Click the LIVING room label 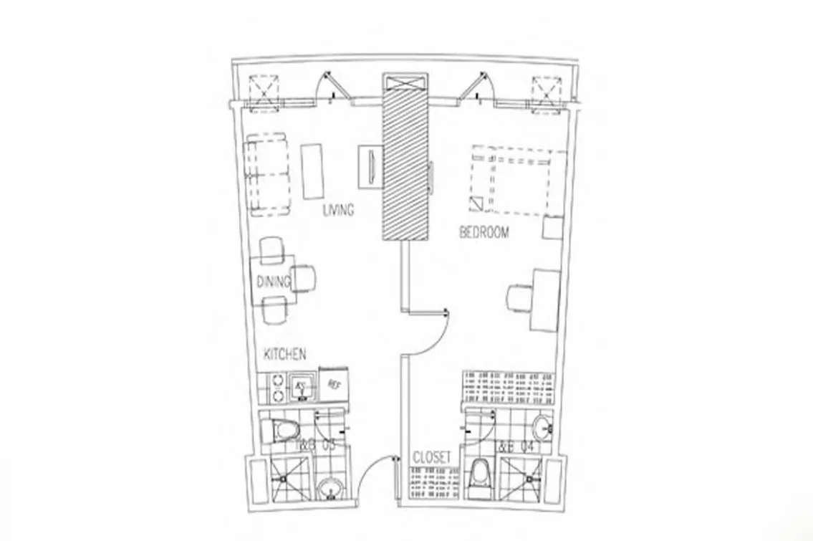(339, 210)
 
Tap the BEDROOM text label (484, 232)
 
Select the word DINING (273, 282)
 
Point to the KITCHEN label (285, 354)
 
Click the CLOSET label (432, 457)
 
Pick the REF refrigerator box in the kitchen (333, 384)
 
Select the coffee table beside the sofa (312, 171)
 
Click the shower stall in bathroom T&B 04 (520, 481)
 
